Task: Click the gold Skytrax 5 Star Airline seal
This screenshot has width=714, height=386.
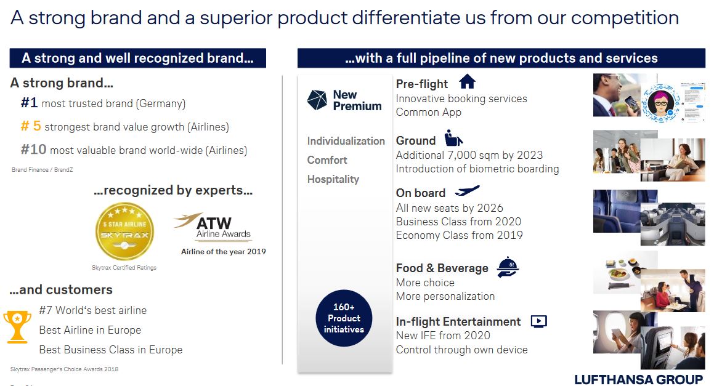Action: point(124,231)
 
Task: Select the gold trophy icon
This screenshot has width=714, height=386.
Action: point(17,326)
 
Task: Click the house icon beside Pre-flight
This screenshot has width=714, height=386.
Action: point(467,81)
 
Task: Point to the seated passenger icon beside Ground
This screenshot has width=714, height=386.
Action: point(453,138)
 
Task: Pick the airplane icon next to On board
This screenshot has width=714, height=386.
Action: point(467,190)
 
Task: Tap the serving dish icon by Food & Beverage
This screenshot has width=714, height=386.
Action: point(508,267)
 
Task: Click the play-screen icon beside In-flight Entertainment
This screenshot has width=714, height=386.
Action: point(538,321)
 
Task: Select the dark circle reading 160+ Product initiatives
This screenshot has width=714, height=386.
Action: point(344,318)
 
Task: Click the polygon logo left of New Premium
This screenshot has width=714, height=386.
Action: point(317,100)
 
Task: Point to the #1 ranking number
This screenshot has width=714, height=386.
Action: point(29,102)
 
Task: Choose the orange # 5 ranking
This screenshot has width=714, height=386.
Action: point(31,126)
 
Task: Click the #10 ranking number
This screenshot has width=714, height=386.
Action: point(33,150)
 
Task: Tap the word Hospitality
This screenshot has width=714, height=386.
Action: point(333,179)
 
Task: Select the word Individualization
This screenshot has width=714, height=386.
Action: point(346,141)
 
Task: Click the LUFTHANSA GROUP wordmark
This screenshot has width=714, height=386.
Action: point(638,379)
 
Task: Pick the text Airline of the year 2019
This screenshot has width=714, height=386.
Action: point(223,252)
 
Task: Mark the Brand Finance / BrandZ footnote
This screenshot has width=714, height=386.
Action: point(43,170)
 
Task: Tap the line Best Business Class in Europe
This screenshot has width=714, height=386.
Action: point(111,350)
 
